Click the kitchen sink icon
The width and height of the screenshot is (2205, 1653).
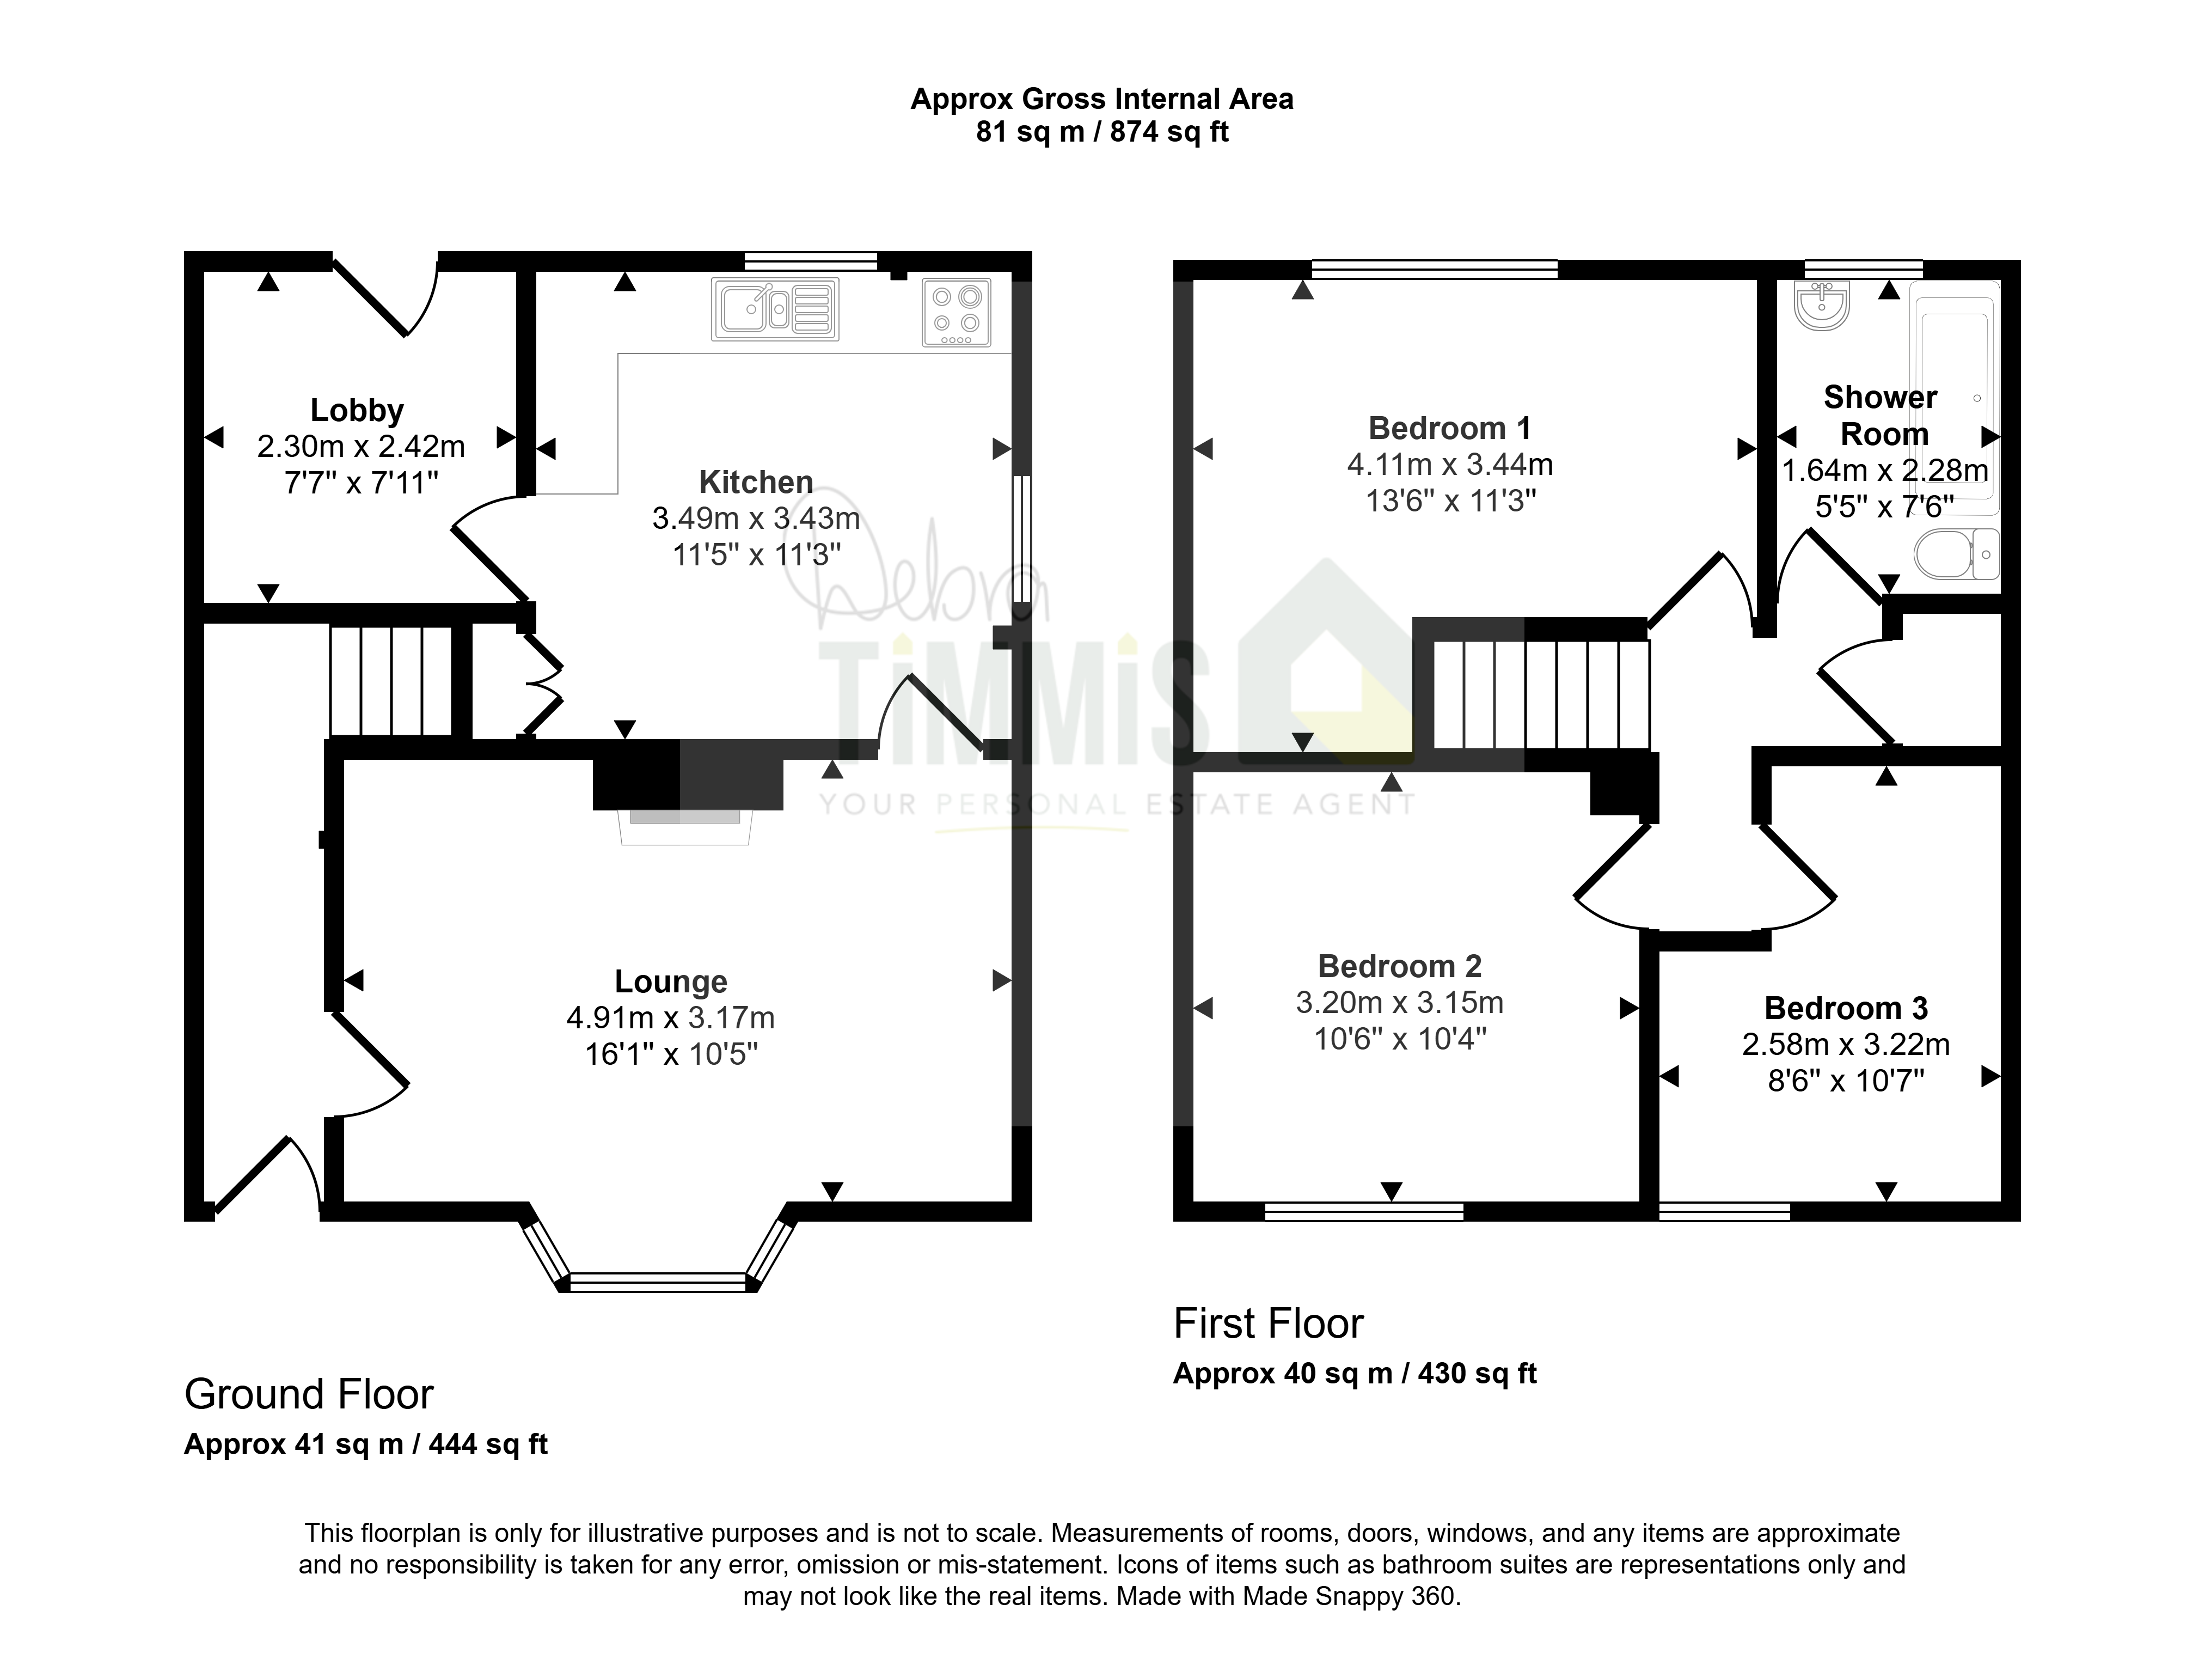pos(775,308)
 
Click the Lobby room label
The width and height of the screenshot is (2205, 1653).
pos(357,410)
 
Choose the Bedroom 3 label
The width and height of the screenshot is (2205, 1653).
pos(1846,1008)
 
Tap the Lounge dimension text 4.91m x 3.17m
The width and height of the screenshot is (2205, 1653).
pos(671,1018)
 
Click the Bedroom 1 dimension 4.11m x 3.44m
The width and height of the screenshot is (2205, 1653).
pos(1450,465)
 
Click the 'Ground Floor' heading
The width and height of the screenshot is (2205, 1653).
pos(309,1394)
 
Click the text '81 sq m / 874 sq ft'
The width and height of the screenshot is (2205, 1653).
pos(1102,132)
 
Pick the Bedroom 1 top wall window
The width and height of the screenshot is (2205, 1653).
pos(1435,268)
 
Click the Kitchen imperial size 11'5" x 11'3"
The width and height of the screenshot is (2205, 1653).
pos(757,554)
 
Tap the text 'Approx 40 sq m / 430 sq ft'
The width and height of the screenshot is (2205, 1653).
pos(1355,1374)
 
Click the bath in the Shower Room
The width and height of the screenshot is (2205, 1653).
pos(1955,389)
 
